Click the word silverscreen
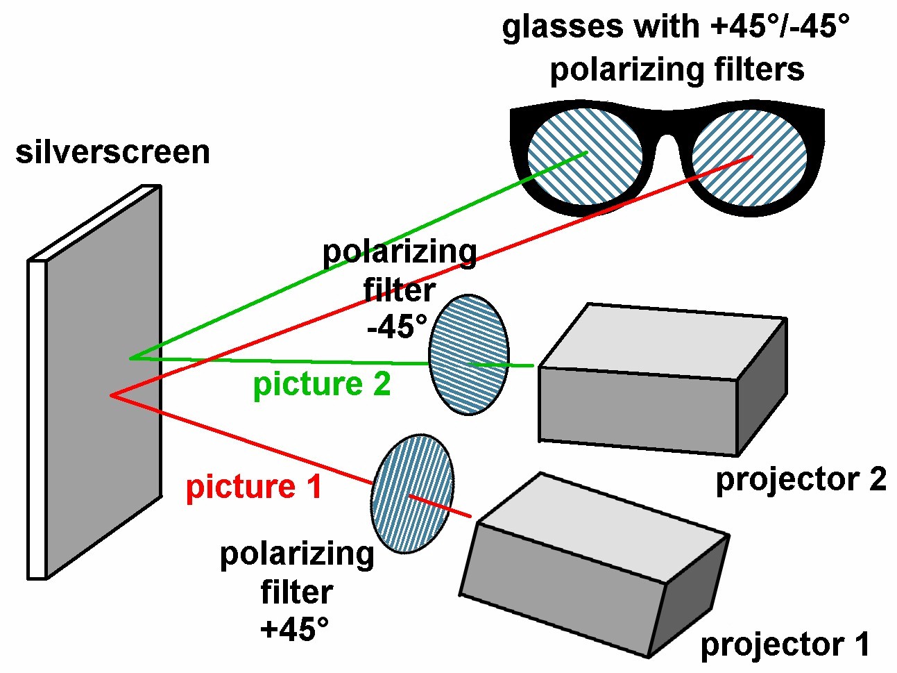112,152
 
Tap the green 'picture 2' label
321,384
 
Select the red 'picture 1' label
254,487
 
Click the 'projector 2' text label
801,479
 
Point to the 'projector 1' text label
785,645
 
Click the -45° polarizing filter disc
469,354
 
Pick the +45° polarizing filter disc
412,493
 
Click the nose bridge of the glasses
667,132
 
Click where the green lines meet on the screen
130,358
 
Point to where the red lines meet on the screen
111,395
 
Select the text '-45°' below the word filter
397,326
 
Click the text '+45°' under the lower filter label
294,629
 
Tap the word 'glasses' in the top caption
562,27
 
